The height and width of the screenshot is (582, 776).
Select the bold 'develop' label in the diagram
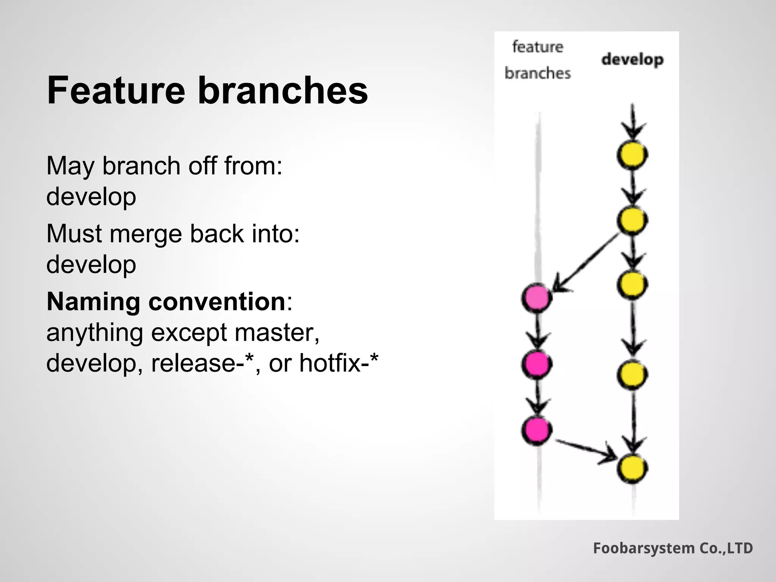[632, 59]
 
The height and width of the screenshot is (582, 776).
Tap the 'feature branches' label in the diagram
[537, 60]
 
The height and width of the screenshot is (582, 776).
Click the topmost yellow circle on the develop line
[632, 155]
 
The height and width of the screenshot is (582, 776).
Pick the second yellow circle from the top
[632, 220]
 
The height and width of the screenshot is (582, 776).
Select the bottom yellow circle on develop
[632, 469]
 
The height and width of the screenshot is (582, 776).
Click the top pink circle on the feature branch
[537, 298]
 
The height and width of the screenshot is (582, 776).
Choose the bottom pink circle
[537, 430]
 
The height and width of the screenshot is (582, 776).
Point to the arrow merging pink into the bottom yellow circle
[585, 450]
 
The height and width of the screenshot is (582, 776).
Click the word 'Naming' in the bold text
[93, 302]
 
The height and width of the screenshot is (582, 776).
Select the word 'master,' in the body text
[277, 332]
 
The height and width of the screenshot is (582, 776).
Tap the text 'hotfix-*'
[338, 363]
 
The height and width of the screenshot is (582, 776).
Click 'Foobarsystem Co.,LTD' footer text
[673, 548]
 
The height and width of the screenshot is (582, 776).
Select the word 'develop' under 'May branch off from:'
[91, 197]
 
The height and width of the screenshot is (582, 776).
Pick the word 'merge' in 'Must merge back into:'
[146, 234]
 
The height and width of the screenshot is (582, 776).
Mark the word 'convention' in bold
[217, 302]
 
